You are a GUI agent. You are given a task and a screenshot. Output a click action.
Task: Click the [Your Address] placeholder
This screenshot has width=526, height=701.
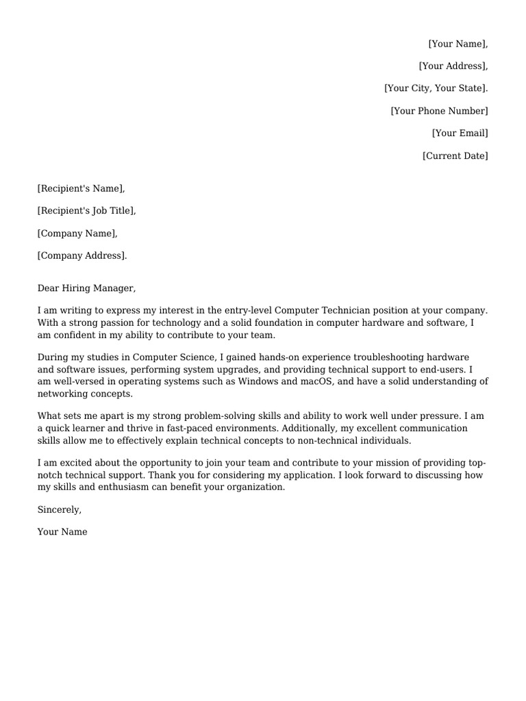click(x=453, y=66)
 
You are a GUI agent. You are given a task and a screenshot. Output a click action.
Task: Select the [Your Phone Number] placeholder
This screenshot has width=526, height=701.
click(x=439, y=111)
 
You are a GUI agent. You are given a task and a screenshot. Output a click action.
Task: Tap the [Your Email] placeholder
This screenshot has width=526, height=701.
click(x=460, y=133)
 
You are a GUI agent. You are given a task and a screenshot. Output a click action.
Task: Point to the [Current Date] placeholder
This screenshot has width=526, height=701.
click(x=455, y=156)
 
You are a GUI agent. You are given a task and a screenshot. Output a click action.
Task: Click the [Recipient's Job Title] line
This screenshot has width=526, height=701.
click(x=86, y=211)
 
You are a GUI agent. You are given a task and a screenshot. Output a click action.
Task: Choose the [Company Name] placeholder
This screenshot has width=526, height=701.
click(x=77, y=233)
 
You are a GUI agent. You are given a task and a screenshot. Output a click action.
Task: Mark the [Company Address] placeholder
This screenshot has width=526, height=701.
click(x=82, y=256)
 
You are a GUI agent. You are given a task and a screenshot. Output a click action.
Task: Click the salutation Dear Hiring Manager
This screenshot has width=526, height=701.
click(x=86, y=288)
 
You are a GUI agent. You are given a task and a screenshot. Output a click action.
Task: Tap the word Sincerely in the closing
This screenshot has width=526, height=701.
click(x=59, y=509)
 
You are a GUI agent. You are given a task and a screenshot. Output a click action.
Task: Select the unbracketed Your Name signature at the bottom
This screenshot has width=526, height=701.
click(x=62, y=532)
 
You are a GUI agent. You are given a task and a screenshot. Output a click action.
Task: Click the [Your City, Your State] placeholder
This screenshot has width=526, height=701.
click(x=436, y=88)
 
